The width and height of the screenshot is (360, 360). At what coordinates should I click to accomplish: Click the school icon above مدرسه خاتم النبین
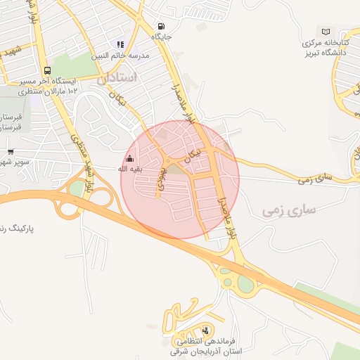[x=120, y=44]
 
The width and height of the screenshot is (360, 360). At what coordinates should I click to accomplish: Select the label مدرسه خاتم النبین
[x=126, y=55]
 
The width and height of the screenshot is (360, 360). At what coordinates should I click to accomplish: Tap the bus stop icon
[x=47, y=70]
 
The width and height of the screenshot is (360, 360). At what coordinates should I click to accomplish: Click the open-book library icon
[x=326, y=31]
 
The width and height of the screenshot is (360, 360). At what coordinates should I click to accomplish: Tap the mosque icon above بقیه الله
[x=129, y=158]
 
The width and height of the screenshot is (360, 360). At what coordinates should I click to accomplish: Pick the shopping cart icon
[x=11, y=151]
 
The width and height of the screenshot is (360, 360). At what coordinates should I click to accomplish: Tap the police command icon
[x=205, y=330]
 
